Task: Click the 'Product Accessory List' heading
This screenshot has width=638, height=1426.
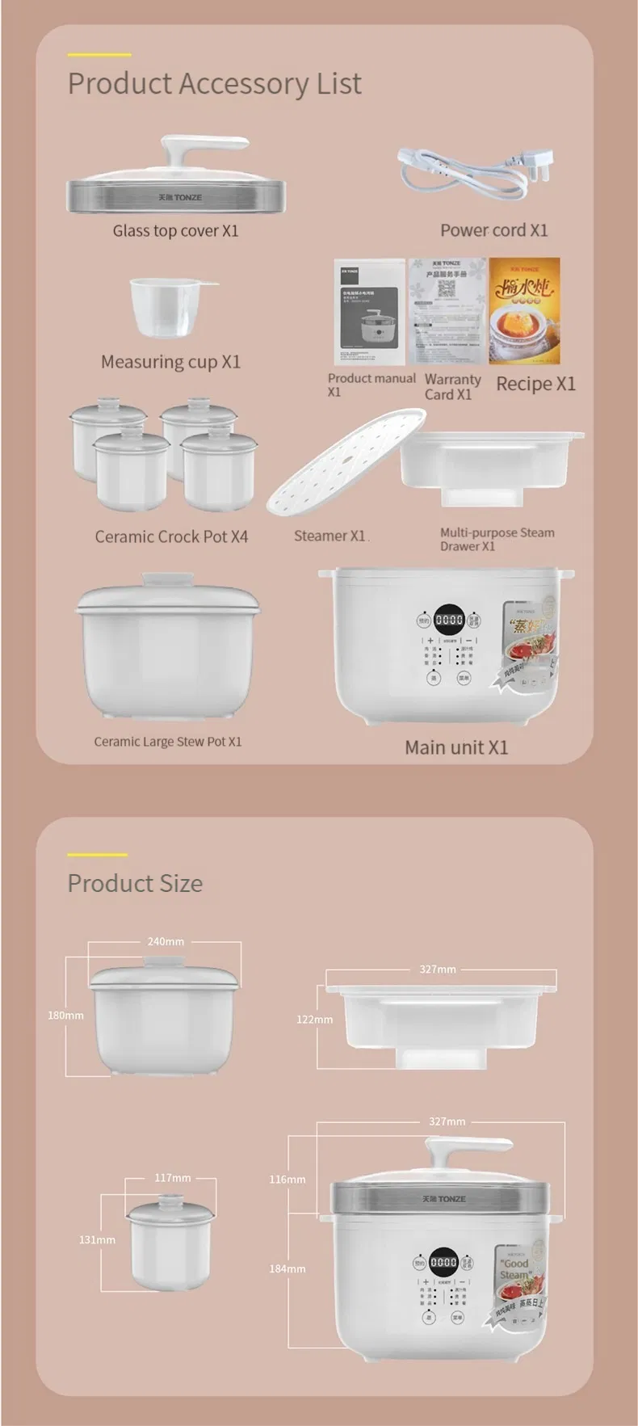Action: click(x=214, y=84)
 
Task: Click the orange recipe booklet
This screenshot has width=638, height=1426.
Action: click(x=524, y=310)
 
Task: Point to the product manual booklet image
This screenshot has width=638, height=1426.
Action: click(x=369, y=312)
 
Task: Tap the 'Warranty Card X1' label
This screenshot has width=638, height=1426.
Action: click(x=452, y=386)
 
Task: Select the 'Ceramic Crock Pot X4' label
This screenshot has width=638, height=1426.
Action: click(x=171, y=536)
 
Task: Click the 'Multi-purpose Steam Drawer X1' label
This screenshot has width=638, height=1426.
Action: click(x=497, y=539)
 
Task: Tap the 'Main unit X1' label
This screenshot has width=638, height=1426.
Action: click(x=456, y=747)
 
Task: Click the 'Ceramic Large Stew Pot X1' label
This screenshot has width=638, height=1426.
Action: click(x=167, y=742)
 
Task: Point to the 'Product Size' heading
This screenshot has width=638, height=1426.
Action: click(x=135, y=883)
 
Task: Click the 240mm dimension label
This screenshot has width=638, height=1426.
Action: click(x=166, y=941)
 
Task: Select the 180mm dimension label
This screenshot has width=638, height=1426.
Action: click(x=65, y=1016)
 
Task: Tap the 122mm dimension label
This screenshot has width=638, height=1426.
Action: click(x=314, y=1020)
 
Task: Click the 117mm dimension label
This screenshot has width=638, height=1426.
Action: click(x=173, y=1178)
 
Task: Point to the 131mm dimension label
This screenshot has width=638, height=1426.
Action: click(x=97, y=1239)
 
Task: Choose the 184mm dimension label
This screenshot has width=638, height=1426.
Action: click(x=288, y=1268)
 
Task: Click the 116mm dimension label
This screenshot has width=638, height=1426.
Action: click(x=288, y=1180)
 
